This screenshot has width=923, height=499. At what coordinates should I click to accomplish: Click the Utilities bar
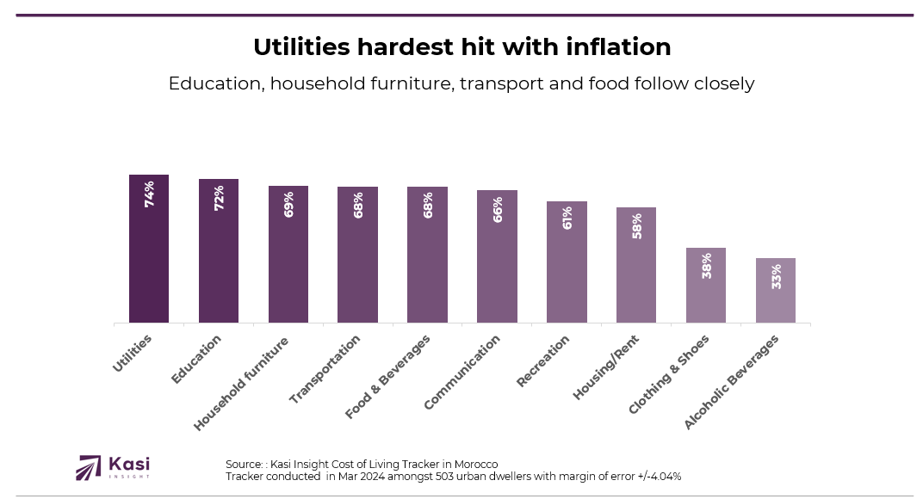pyautogui.click(x=149, y=249)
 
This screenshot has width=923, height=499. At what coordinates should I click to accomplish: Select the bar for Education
pyautogui.click(x=219, y=250)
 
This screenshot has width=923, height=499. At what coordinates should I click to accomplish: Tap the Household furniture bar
pyautogui.click(x=288, y=254)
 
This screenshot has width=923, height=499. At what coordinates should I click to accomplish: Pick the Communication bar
pyautogui.click(x=497, y=256)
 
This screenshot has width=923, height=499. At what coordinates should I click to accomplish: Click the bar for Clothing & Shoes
pyautogui.click(x=706, y=285)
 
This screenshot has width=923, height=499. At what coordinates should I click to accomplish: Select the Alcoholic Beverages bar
pyautogui.click(x=776, y=290)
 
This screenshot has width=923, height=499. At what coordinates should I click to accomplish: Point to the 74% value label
pyautogui.click(x=149, y=194)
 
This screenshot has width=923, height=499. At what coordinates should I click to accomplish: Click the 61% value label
pyautogui.click(x=567, y=218)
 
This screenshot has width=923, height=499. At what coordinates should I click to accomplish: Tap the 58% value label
pyautogui.click(x=636, y=225)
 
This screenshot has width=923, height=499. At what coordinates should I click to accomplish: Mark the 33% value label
pyautogui.click(x=776, y=275)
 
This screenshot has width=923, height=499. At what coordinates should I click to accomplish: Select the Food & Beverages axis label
pyautogui.click(x=388, y=376)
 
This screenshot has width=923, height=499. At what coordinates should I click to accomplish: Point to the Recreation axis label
pyautogui.click(x=543, y=361)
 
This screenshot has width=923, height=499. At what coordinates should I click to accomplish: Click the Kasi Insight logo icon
pyautogui.click(x=89, y=467)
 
